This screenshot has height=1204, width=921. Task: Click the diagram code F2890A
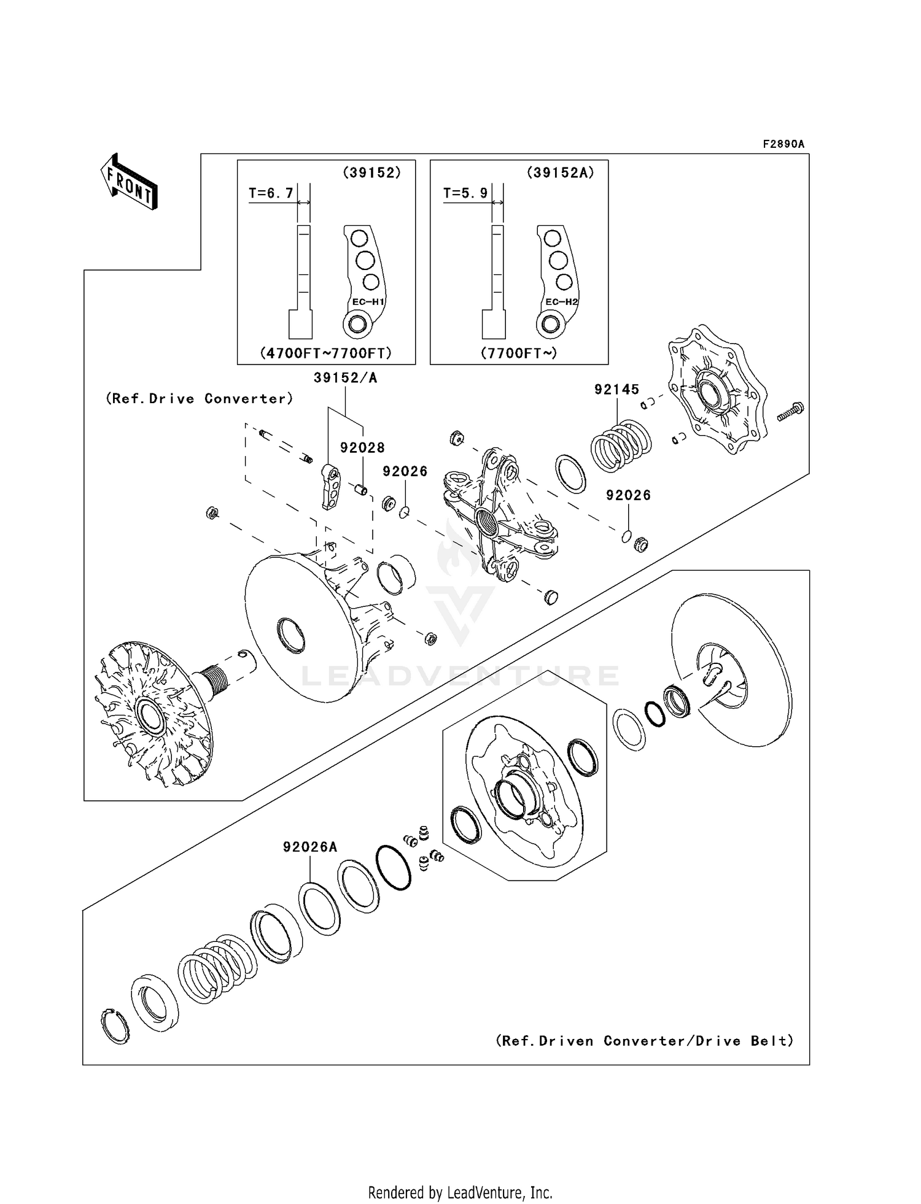coord(783,144)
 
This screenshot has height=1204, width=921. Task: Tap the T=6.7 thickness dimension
coord(271,193)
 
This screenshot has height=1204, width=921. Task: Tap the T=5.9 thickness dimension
coord(465,193)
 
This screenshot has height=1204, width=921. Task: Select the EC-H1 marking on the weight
coord(368,302)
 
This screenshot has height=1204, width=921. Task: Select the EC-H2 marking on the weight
coord(562,302)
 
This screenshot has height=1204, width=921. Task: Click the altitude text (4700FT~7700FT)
coord(326,353)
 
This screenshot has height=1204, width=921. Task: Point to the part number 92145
coord(616,389)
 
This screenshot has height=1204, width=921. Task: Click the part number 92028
coord(362,448)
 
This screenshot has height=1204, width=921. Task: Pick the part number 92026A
coord(310,847)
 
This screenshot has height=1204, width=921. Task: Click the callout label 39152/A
coord(345,378)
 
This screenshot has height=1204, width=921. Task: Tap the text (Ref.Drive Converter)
coord(200,399)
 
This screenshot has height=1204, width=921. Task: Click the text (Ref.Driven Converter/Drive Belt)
coord(645,1041)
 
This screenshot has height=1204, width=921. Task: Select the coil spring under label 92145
coord(621,445)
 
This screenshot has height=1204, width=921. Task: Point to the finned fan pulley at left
coord(150,714)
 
